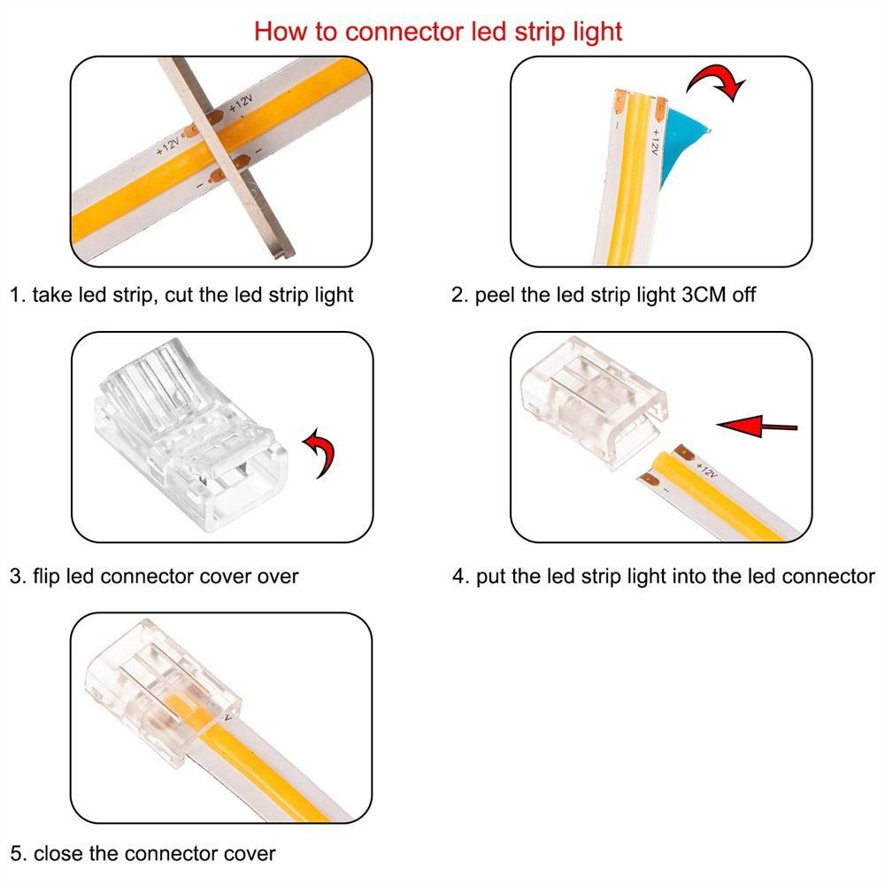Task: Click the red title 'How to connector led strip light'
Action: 438,31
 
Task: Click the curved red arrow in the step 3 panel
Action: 325,451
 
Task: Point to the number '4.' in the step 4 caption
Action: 460,576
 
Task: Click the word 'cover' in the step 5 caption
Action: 249,854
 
